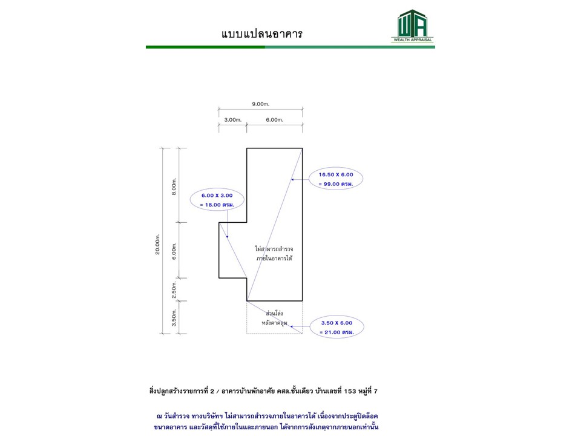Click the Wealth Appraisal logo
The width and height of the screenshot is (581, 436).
[x=413, y=26]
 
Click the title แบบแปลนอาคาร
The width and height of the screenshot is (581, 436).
[x=261, y=34]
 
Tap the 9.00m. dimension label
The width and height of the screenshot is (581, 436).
[x=261, y=104]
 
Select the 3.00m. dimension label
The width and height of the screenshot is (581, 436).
[x=232, y=120]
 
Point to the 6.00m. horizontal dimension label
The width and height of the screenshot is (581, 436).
[x=274, y=120]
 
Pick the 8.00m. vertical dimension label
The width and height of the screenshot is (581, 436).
[x=174, y=186]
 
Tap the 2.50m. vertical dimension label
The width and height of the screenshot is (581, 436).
[x=174, y=289]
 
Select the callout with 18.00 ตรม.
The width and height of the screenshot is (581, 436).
[x=216, y=205]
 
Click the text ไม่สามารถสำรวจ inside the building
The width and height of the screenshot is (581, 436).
[x=278, y=248]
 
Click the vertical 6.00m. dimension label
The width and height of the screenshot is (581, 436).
[x=174, y=251]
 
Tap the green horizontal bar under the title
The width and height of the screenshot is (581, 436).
[x=290, y=47]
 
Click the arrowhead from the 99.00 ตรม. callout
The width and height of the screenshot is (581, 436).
[x=292, y=179]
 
